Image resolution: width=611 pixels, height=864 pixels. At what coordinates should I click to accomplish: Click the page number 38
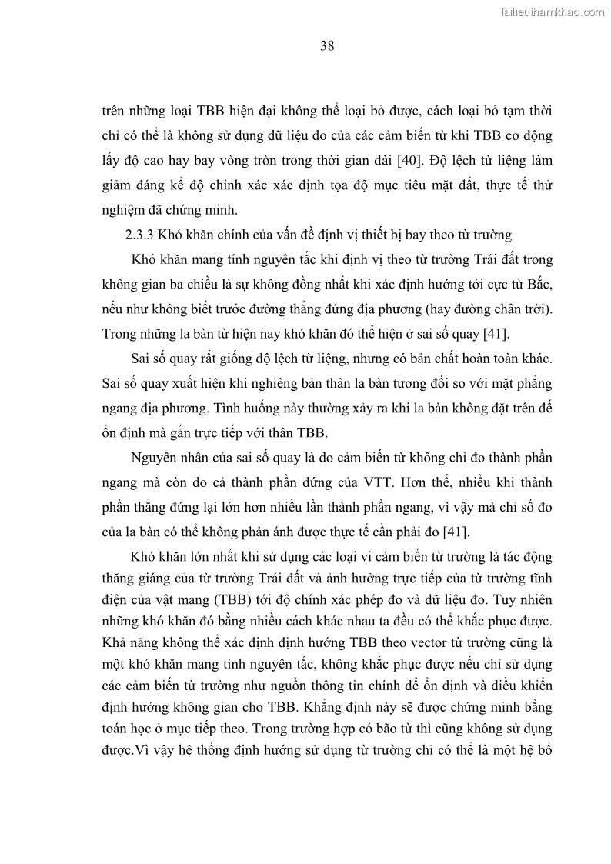(x=326, y=45)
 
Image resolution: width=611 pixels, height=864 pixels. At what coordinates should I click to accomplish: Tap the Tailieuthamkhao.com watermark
(x=553, y=12)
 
